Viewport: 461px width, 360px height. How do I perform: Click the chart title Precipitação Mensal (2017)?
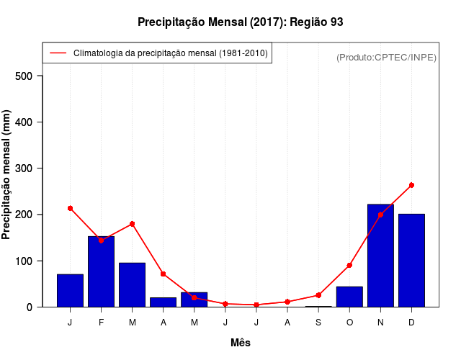click(240, 22)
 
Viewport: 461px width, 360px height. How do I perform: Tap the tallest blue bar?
click(380, 256)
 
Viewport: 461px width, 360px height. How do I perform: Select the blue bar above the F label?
click(101, 271)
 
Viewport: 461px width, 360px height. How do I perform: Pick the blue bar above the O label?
click(349, 297)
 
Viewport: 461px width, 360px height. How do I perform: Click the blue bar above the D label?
click(411, 260)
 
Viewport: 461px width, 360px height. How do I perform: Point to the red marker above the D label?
click(411, 185)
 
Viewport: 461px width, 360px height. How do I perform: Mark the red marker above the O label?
click(349, 265)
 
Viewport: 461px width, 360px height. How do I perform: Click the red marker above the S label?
click(318, 295)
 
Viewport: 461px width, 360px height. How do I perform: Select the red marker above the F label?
click(101, 240)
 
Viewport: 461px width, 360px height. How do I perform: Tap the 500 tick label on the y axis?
click(34, 76)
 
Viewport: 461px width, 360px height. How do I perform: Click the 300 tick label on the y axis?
click(34, 168)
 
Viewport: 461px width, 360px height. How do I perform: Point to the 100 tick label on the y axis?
click(34, 261)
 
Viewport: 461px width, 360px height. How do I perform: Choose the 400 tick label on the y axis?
click(34, 122)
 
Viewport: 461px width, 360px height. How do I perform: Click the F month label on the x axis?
click(101, 323)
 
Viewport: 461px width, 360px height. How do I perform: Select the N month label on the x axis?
click(380, 323)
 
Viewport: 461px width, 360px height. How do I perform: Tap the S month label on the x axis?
click(318, 323)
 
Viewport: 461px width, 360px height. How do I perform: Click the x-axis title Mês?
click(241, 343)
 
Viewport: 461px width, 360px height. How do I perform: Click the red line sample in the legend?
click(58, 53)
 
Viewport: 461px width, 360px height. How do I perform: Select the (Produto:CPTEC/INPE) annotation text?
click(386, 57)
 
